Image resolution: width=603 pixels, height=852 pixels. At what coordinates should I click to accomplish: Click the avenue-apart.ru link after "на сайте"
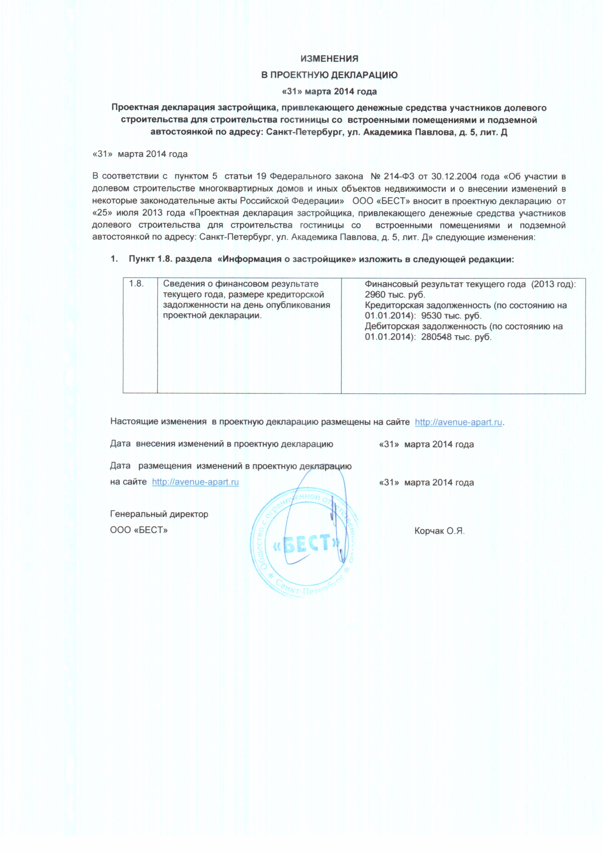195,482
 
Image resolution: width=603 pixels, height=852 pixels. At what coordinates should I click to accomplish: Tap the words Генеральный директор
159,514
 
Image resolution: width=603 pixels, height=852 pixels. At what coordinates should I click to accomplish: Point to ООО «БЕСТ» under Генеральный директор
139,530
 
